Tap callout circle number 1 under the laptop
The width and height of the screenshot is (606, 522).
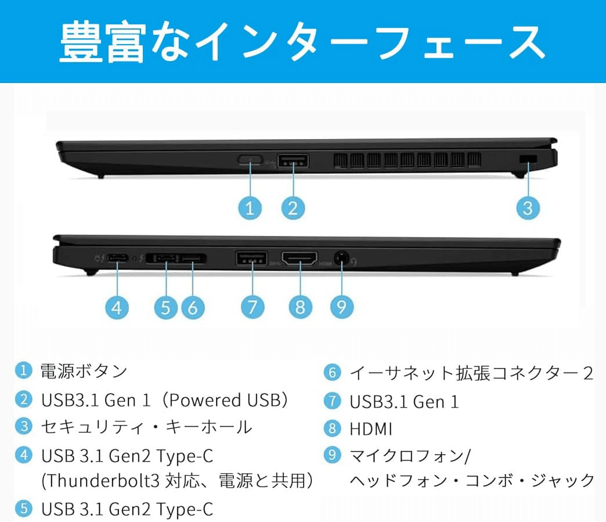point(250,207)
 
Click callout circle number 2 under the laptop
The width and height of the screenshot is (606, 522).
point(293,207)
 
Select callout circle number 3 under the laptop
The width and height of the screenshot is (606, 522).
point(527,207)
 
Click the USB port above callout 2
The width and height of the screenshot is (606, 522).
point(293,161)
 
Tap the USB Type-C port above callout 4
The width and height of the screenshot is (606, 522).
point(118,258)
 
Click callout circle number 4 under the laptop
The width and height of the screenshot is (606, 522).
point(117,307)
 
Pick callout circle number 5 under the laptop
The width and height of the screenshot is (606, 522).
point(166,307)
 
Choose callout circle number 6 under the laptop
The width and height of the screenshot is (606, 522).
point(193,307)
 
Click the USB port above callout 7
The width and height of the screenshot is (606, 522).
point(252,258)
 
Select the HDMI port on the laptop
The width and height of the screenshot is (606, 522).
point(300,258)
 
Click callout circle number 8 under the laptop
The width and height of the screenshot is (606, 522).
point(300,307)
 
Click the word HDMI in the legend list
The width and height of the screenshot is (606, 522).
point(371,429)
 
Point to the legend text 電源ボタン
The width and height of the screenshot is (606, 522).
point(84,370)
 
